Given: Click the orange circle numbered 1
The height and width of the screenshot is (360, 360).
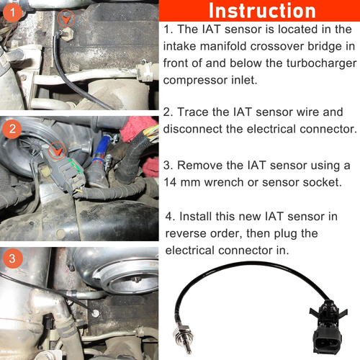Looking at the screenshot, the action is click(x=12, y=12).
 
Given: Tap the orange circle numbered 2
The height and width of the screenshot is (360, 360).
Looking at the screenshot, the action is click(x=12, y=129).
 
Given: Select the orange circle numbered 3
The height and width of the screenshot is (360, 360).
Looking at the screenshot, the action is click(x=12, y=258).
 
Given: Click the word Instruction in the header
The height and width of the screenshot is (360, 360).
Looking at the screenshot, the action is click(x=262, y=11).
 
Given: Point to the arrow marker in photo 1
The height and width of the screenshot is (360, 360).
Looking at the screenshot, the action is click(x=66, y=18).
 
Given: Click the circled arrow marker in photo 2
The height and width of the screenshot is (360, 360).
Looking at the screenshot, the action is click(x=57, y=151).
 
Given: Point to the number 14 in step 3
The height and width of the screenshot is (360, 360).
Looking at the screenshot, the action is click(x=170, y=182).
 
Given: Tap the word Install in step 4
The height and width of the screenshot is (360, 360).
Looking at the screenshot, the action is click(x=195, y=217).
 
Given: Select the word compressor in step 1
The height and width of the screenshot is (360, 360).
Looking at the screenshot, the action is click(x=195, y=81).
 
